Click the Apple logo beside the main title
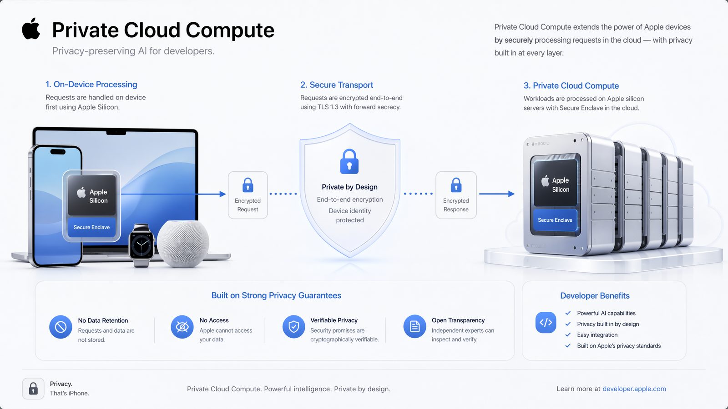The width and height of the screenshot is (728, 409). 31,29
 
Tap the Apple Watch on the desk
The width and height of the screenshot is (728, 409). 142,245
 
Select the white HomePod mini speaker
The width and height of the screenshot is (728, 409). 183,244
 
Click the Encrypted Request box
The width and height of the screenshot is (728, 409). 248,195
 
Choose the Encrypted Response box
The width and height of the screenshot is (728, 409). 456,195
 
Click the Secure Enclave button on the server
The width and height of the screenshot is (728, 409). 555,220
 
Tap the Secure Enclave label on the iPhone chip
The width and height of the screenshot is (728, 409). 91,227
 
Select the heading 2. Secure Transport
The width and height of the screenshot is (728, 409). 337,85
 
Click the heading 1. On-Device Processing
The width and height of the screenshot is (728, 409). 91,85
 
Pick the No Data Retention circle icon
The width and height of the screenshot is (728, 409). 61,327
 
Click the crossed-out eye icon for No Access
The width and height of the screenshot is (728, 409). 182,327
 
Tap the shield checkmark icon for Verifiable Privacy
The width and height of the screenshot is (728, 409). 294,327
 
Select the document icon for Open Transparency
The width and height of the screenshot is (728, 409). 415,327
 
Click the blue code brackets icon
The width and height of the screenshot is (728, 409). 546,322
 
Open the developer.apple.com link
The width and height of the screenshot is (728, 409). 634,389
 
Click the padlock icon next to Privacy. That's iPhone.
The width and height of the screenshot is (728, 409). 33,389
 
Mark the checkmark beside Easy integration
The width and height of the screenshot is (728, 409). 568,334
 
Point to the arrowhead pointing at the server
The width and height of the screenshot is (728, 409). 511,194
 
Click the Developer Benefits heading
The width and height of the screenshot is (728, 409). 595,296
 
